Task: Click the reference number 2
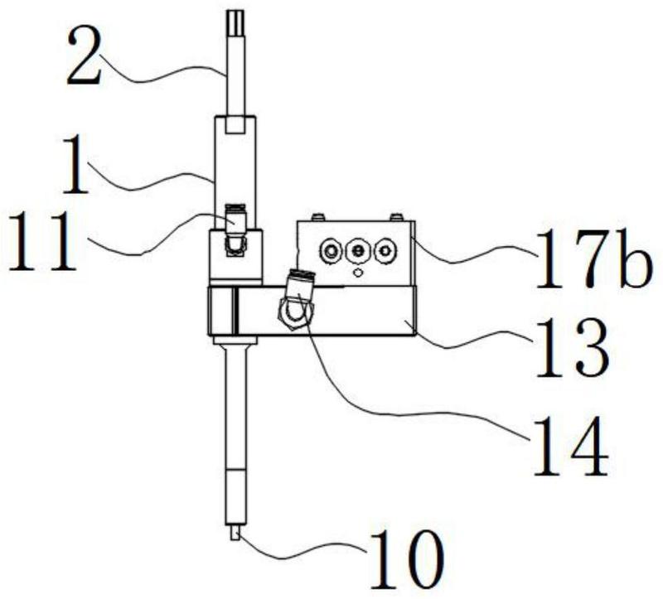click(85, 57)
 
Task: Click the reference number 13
click(572, 347)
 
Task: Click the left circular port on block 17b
click(331, 252)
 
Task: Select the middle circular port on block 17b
click(358, 252)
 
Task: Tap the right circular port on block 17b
click(385, 252)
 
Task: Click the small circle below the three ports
click(358, 273)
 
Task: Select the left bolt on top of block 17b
click(318, 217)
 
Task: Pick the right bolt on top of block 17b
click(397, 217)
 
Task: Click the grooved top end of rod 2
click(235, 22)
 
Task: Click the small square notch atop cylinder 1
click(235, 125)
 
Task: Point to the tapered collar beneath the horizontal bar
click(235, 341)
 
